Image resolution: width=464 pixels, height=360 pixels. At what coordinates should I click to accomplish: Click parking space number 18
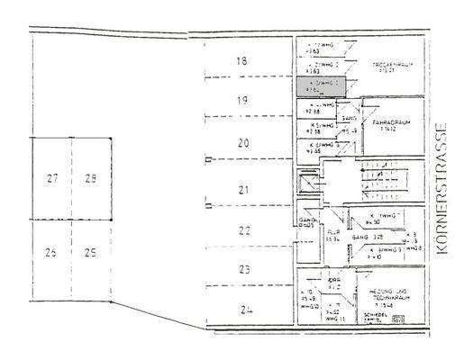click(x=241, y=61)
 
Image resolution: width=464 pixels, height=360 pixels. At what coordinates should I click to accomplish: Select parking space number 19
click(x=241, y=101)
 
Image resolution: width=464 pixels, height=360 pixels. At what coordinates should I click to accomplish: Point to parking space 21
click(x=241, y=189)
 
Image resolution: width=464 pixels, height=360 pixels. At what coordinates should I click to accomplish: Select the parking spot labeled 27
click(x=51, y=178)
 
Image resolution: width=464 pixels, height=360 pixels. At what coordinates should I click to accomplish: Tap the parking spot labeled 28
click(x=90, y=178)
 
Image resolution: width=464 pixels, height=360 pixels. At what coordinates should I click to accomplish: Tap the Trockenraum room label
click(x=391, y=67)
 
